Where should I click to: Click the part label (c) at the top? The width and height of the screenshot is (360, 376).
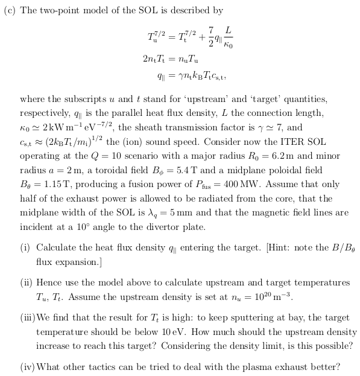[10, 11]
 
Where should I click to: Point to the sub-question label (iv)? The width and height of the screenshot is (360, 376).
[27, 366]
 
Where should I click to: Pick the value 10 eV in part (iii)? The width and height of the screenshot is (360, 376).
[241, 333]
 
